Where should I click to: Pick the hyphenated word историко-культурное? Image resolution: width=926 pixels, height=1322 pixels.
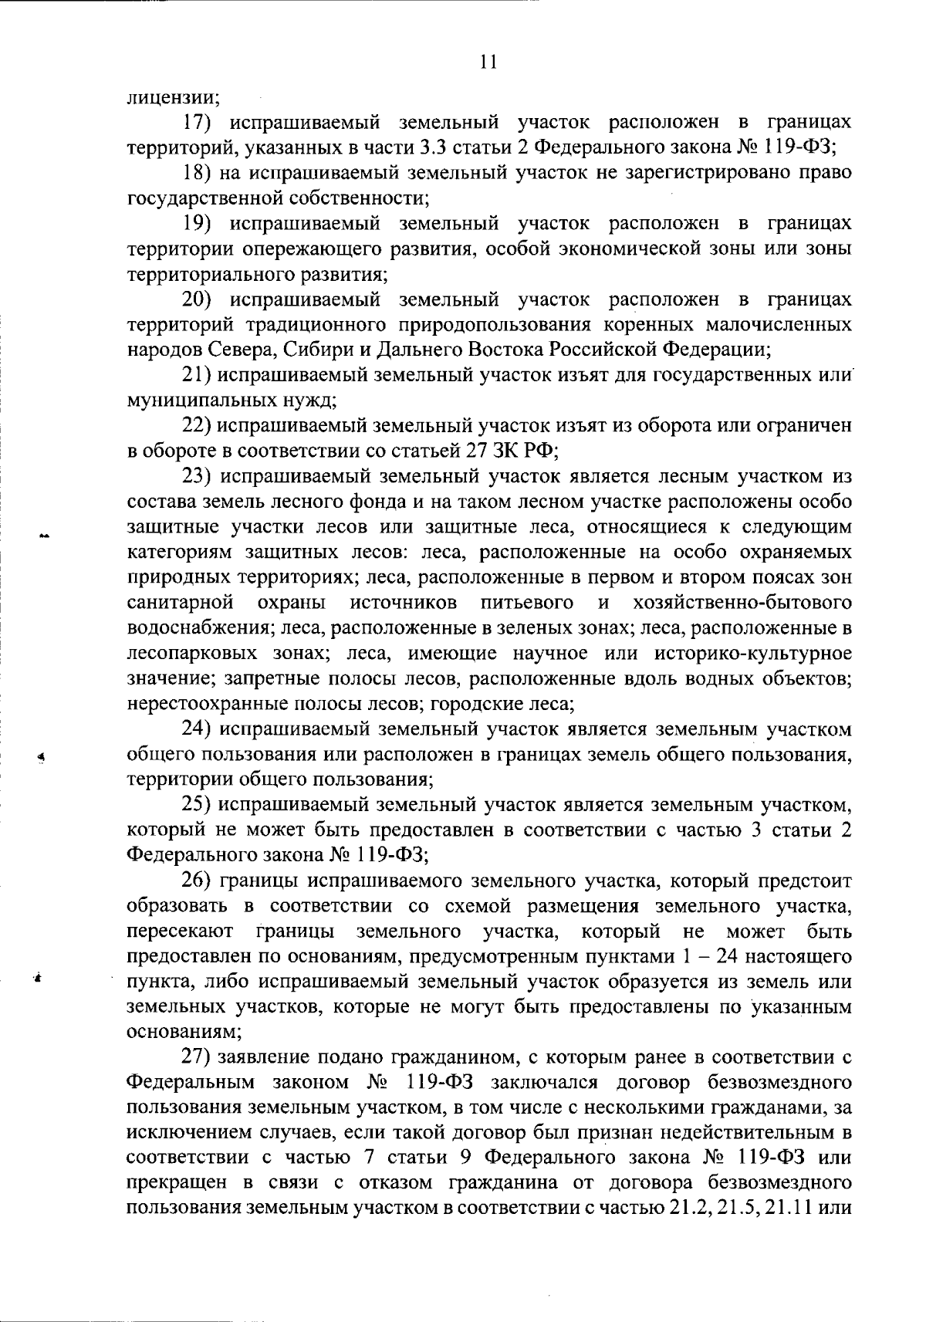pyautogui.click(x=752, y=653)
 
